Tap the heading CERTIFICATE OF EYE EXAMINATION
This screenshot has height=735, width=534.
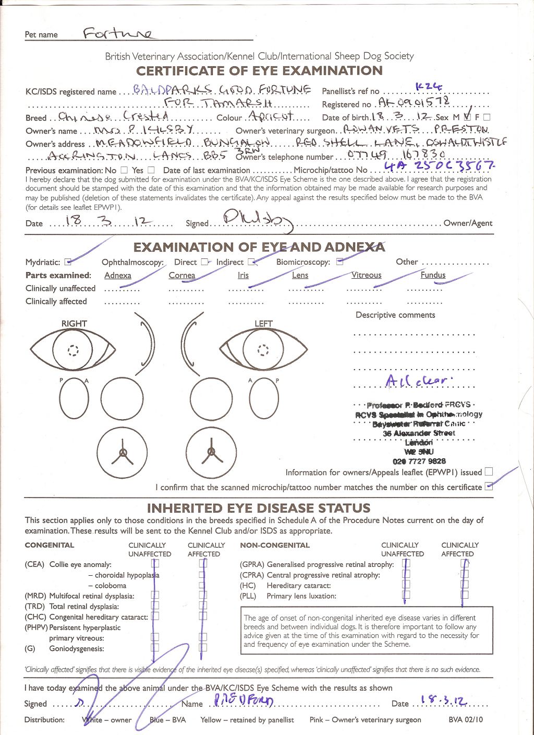pos(259,71)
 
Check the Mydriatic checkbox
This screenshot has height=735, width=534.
pos(68,262)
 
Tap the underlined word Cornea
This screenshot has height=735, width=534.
pos(182,276)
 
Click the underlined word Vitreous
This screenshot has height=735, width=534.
pos(366,275)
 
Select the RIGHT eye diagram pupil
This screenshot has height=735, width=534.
pos(72,350)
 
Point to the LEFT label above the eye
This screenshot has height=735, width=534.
pos(263,324)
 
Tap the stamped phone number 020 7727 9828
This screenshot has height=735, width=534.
pos(419,461)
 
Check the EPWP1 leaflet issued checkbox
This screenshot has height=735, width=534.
pos(488,471)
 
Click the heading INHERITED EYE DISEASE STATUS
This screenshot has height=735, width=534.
pos(259,508)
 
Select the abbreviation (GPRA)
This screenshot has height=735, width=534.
pos(252,564)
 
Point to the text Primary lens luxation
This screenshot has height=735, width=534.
pos(301,596)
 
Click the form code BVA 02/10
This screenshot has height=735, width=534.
pos(466,719)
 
